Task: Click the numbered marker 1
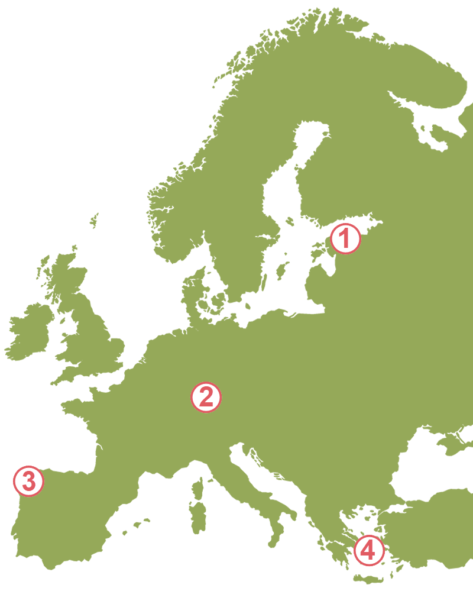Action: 345,239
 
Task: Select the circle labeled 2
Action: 206,397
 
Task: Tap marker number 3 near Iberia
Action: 28,481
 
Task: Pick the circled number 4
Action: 368,551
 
